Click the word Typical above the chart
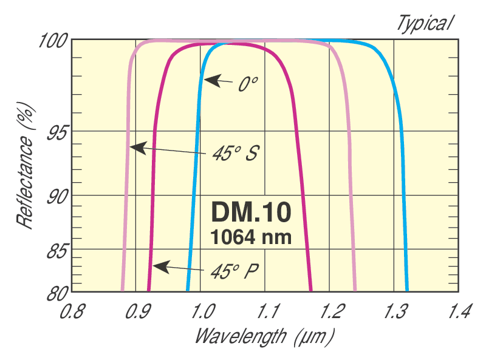[x=425, y=23]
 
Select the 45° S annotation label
[x=235, y=154]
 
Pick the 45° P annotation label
[x=235, y=270]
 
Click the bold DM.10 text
[x=252, y=212]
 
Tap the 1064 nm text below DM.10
[x=252, y=237]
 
